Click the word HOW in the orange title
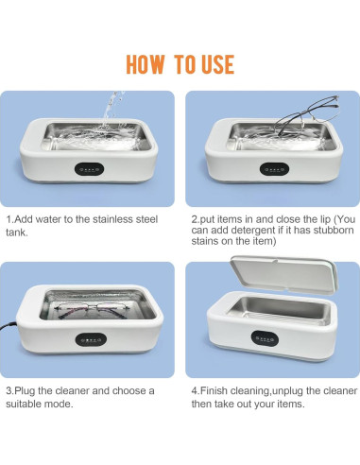pyautogui.click(x=146, y=64)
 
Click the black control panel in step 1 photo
pyautogui.click(x=89, y=169)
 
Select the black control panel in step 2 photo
pyautogui.click(x=274, y=169)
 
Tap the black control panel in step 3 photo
pyautogui.click(x=91, y=340)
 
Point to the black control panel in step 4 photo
pyautogui.click(x=265, y=338)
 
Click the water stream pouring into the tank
pyautogui.click(x=111, y=111)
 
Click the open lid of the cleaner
pyautogui.click(x=283, y=274)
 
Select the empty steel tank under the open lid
pyautogui.click(x=281, y=311)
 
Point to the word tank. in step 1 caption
pyautogui.click(x=17, y=232)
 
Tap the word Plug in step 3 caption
pyautogui.click(x=26, y=391)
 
